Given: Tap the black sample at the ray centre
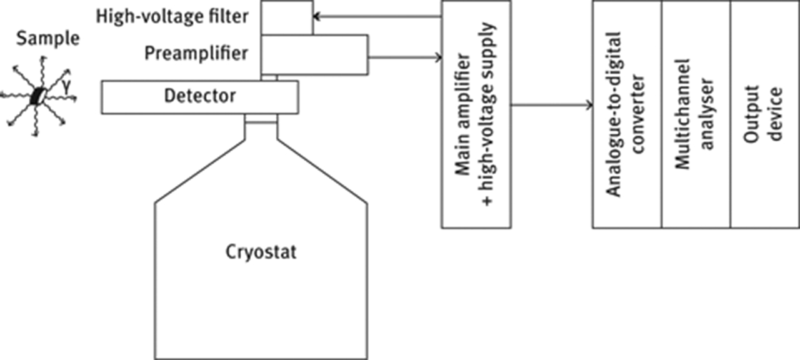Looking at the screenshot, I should (x=39, y=96).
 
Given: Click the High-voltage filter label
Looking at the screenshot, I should (x=172, y=16).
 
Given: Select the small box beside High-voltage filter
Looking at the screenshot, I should (x=286, y=17).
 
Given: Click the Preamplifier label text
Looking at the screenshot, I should (x=196, y=53).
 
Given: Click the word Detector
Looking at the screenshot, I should (x=200, y=96).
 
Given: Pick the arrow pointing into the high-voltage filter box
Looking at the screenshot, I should (x=375, y=17).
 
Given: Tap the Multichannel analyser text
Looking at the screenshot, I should (x=695, y=114).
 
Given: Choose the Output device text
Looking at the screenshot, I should (x=764, y=114).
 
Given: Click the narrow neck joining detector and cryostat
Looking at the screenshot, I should (x=260, y=119).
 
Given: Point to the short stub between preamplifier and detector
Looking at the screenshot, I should (x=269, y=77).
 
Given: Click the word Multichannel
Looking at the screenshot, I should (x=683, y=114).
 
